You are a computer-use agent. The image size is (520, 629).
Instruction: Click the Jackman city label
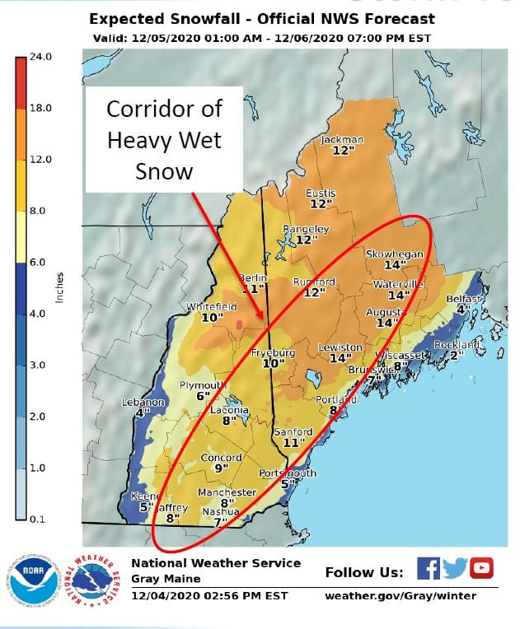point(342,140)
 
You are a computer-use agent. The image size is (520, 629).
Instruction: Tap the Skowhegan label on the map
point(394,254)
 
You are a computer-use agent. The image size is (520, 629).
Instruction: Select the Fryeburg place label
point(273,352)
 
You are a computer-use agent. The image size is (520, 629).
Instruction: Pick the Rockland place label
point(457,344)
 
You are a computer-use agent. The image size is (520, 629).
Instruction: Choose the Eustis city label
point(321,193)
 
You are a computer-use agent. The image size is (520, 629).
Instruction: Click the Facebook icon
point(428,568)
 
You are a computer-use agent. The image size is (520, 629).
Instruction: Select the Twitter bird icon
point(454,568)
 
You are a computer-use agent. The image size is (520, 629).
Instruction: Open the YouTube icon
point(481,568)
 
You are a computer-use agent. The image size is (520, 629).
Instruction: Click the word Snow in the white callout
point(165,170)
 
